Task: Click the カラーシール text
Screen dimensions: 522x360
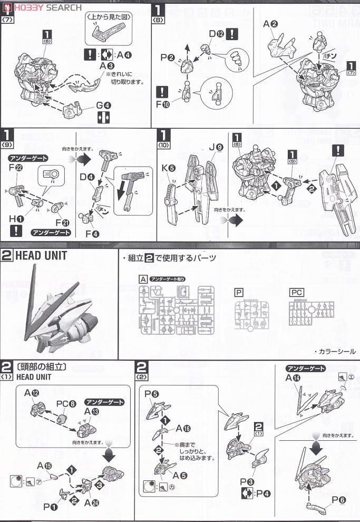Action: tap(338, 352)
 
